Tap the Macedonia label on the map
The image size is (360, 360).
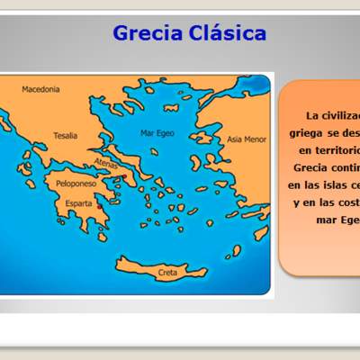point(40,89)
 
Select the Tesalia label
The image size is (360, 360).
point(65,136)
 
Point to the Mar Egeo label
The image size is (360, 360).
point(157,133)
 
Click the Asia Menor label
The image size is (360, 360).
point(246,139)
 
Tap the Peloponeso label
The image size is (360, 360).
point(76,184)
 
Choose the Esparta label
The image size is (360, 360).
point(78,203)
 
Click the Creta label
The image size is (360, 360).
point(167,271)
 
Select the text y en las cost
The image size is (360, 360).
point(328,202)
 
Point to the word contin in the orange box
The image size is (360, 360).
point(346,167)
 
